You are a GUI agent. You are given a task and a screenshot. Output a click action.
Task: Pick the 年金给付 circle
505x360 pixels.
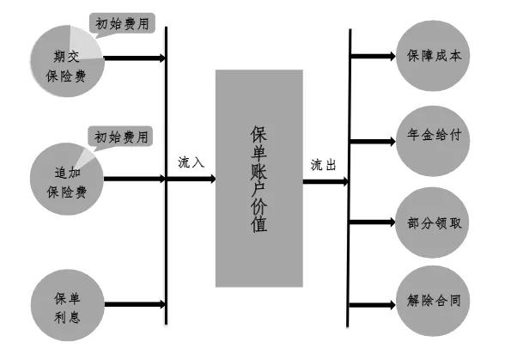click(434, 138)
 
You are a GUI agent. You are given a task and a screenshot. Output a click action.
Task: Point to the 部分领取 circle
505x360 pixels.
click(434, 221)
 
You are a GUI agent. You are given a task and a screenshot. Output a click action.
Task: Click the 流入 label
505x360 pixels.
click(191, 162)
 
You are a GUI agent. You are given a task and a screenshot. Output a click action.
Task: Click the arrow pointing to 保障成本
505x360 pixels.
click(373, 58)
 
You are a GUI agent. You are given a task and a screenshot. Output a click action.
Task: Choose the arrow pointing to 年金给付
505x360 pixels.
click(373, 139)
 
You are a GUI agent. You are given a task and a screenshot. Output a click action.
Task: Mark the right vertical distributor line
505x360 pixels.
click(350, 258)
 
